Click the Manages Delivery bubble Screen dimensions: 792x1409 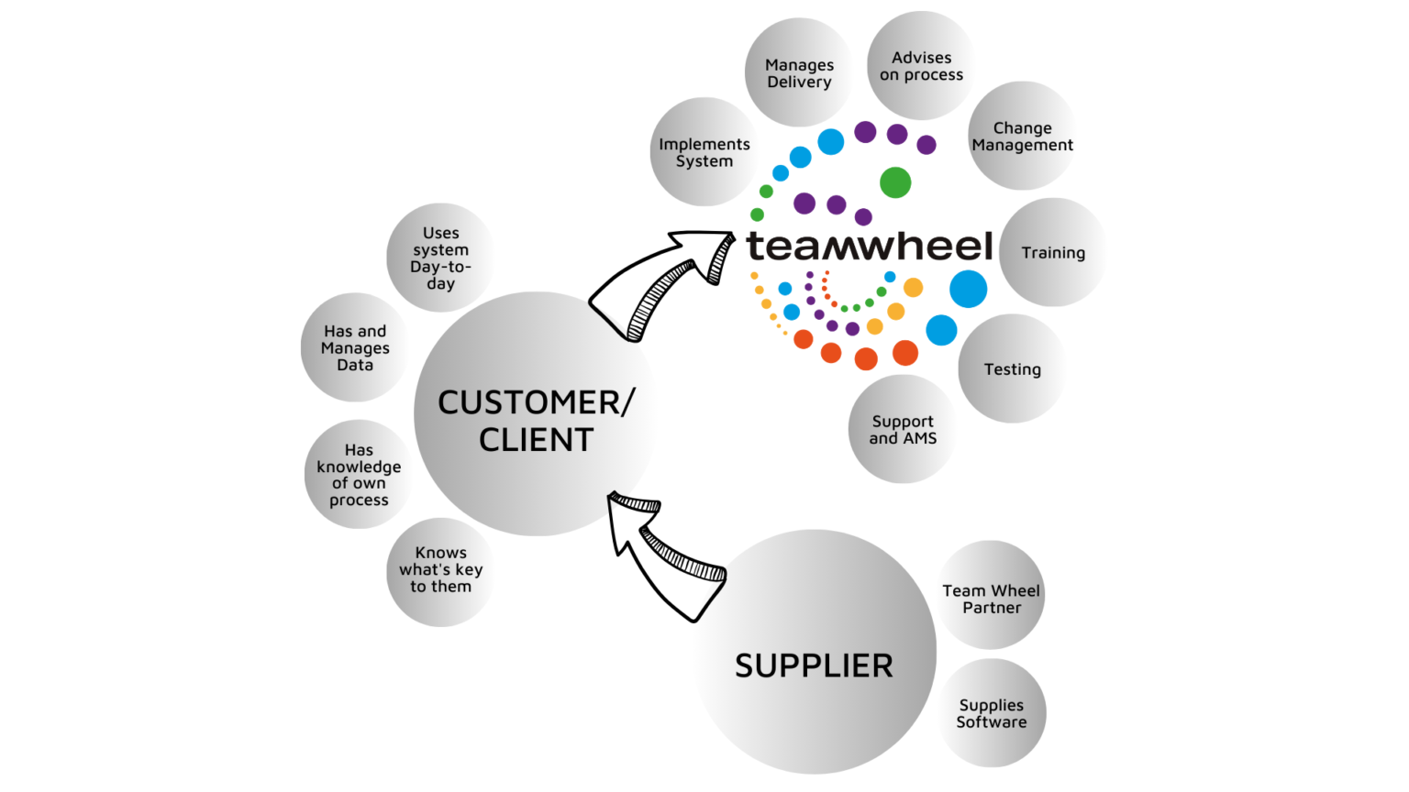coord(799,73)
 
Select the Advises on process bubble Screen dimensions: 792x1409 coord(921,66)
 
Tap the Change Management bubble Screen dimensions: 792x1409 coord(1022,137)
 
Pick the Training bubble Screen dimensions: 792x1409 coord(1052,253)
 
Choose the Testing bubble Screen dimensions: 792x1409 coord(1012,369)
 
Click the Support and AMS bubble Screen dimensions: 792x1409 coord(903,429)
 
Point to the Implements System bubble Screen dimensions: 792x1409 coord(704,152)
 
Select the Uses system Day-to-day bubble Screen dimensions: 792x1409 coord(440,258)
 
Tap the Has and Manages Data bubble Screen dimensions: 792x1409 coord(355,347)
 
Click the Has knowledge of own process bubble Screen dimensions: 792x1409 coord(359,475)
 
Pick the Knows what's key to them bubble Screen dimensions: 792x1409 coord(440,570)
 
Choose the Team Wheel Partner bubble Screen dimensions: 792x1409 coord(991,599)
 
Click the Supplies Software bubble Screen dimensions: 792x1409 coord(991,713)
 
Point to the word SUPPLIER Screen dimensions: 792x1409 coord(814,665)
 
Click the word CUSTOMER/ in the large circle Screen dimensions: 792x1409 coord(536,402)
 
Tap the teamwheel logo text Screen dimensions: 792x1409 coord(869,246)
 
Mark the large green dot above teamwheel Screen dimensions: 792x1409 coord(895,182)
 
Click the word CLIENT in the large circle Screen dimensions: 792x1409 coord(536,440)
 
